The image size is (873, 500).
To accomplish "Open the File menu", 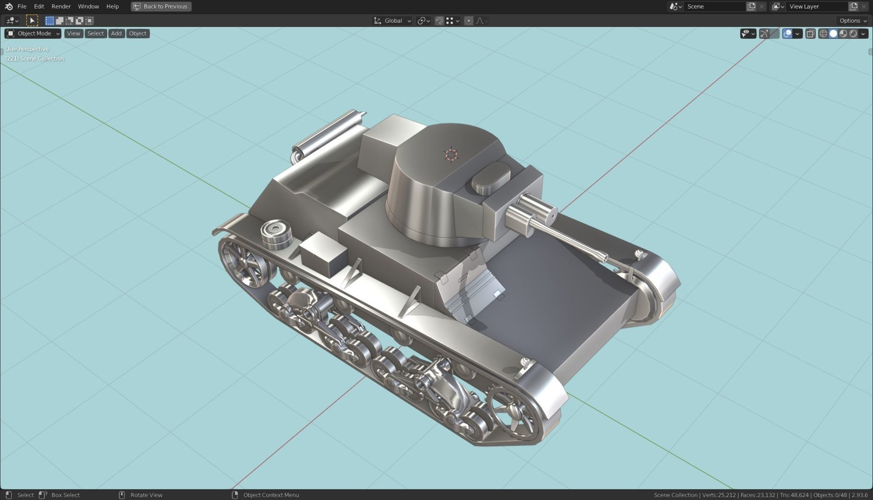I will click(22, 6).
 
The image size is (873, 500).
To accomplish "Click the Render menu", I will click(61, 6).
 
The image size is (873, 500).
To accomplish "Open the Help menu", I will click(112, 6).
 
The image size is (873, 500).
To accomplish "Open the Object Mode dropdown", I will click(33, 33).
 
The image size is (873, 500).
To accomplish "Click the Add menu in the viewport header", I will click(116, 33).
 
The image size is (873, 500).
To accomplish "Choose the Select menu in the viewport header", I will click(95, 33).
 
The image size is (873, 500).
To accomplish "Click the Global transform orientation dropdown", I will click(393, 20).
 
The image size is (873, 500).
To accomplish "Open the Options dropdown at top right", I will click(853, 20).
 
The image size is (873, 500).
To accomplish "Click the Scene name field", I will click(713, 6).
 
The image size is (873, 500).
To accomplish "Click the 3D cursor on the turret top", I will click(451, 154).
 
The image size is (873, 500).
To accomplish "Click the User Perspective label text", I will click(27, 49).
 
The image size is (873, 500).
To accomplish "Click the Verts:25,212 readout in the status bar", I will click(719, 495).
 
